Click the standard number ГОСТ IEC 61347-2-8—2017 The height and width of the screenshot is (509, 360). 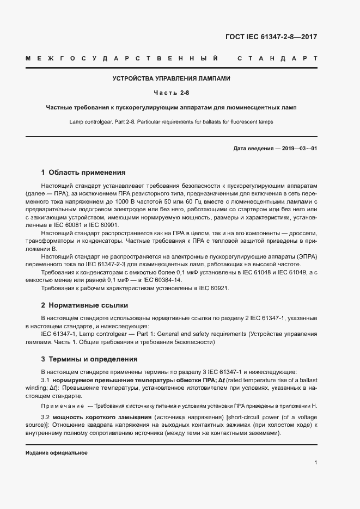pos(271,38)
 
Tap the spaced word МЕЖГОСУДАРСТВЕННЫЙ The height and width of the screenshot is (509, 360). pos(122,58)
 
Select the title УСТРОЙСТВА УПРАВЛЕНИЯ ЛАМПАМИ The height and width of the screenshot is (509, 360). pos(172,78)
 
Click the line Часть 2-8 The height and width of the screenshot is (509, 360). pos(171,93)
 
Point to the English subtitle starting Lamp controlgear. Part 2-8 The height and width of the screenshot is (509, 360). pos(171,121)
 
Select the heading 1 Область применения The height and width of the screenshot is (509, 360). pos(83,173)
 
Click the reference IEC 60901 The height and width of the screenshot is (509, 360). pos(107,225)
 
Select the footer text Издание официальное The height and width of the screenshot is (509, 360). pos(57,453)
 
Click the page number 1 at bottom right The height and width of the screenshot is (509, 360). pos(315,463)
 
